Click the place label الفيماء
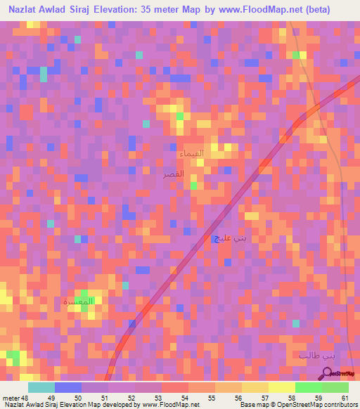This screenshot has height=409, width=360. [192, 152]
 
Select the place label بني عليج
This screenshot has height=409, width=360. [229, 239]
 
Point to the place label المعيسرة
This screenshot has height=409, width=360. [78, 301]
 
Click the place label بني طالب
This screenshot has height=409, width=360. [314, 356]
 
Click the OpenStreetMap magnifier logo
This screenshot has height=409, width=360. [328, 373]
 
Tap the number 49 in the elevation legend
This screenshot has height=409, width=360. [49, 398]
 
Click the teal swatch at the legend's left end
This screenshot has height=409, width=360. [41, 387]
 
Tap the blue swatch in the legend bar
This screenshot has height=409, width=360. [68, 387]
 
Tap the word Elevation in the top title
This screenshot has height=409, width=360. [146, 10]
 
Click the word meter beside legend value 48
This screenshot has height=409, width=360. [12, 398]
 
